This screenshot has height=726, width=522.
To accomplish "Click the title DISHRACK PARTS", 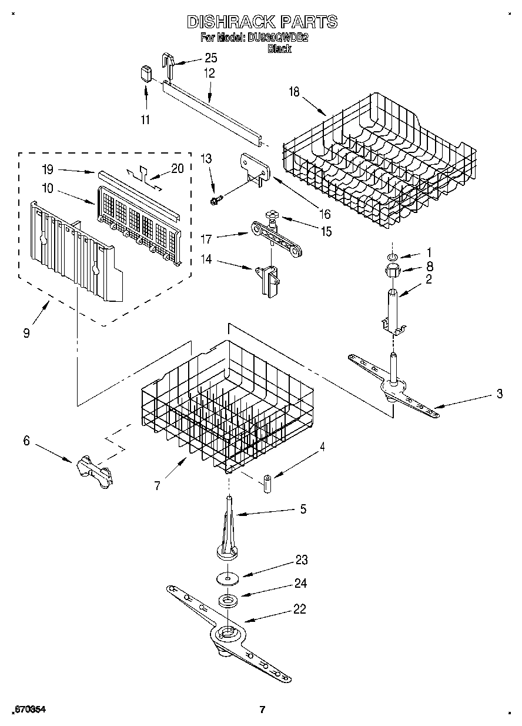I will click(262, 22).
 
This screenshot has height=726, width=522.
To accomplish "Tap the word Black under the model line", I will click(279, 49).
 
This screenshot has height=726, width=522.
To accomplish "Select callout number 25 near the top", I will click(210, 58).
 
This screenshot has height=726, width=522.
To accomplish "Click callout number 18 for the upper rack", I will click(294, 91).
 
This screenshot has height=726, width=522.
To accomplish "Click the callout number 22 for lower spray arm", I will click(299, 609).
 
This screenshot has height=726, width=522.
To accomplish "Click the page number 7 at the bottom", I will click(263, 709).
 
